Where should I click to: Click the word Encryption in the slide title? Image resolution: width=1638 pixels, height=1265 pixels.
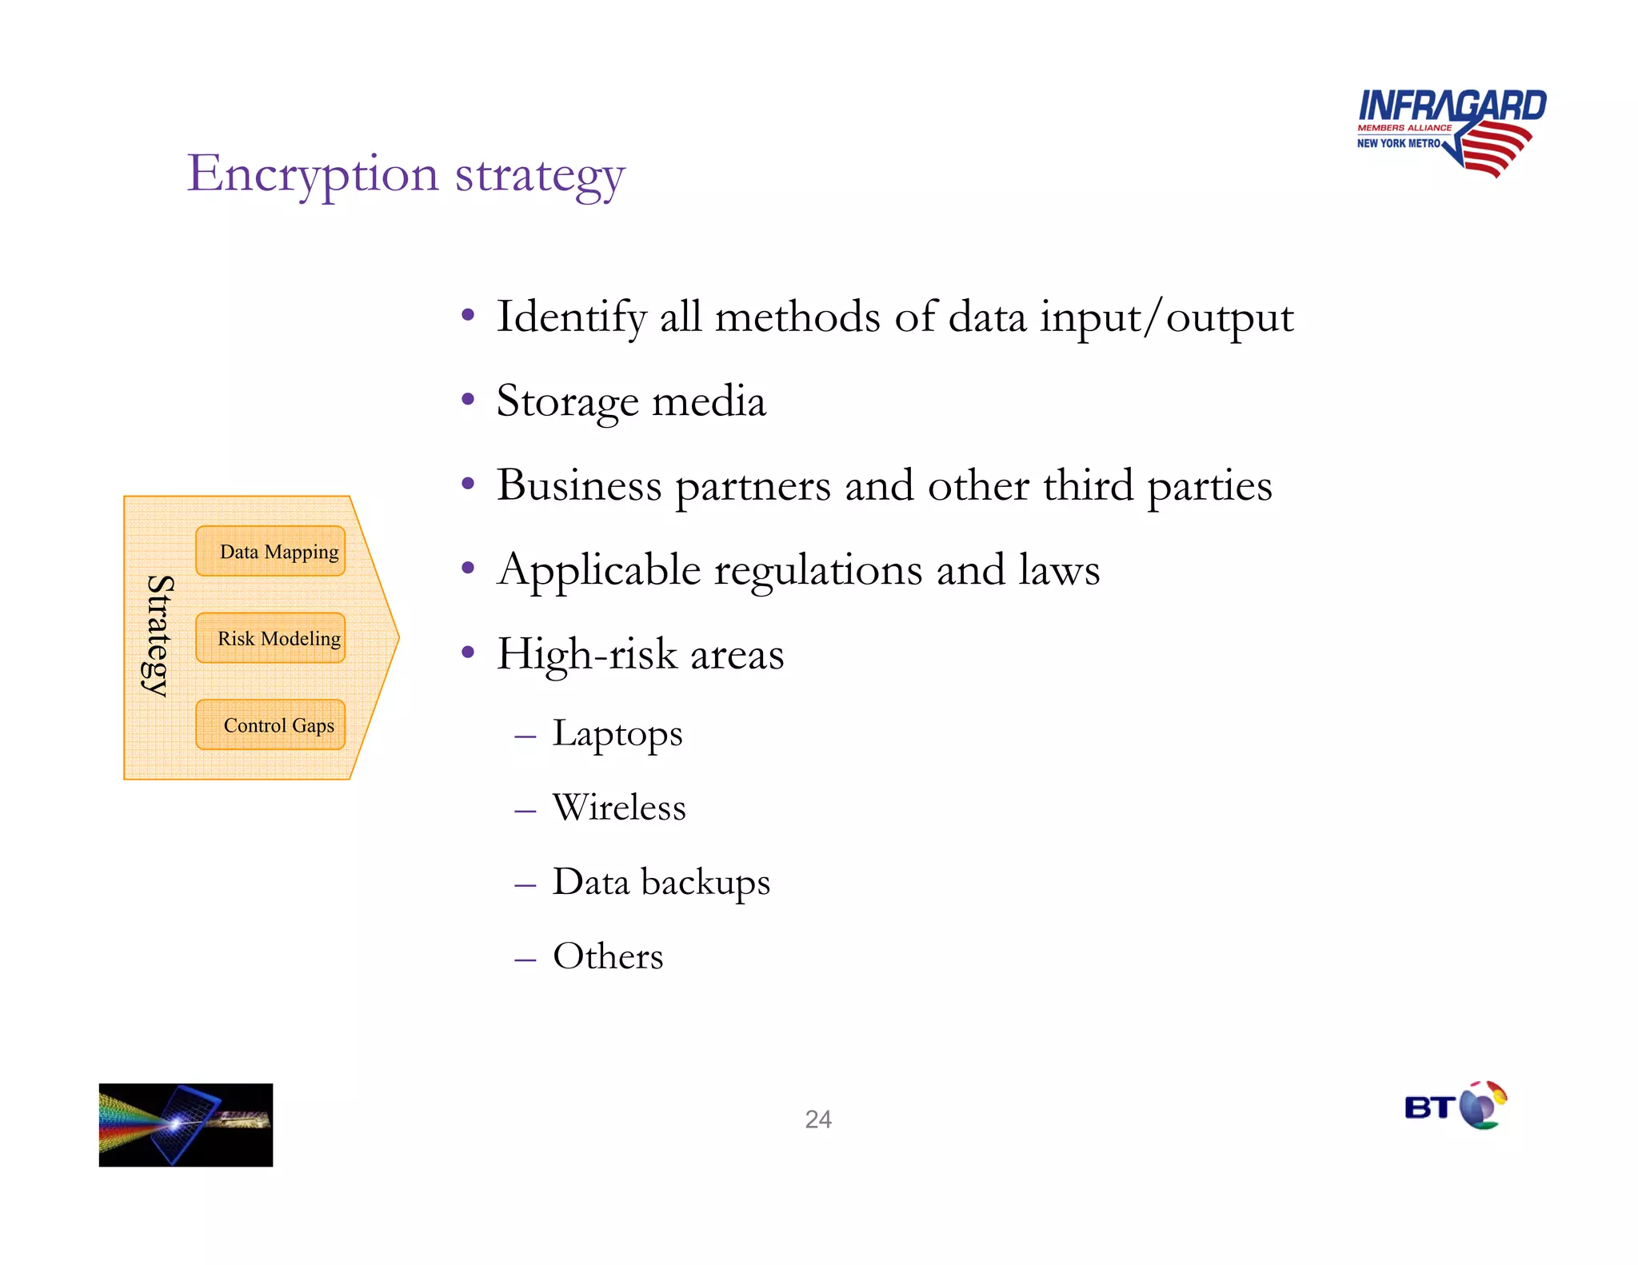[313, 174]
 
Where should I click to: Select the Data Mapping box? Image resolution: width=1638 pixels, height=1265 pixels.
[270, 551]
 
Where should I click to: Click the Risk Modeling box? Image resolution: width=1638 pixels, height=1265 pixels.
[270, 638]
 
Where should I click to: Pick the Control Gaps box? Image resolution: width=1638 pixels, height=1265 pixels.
[270, 724]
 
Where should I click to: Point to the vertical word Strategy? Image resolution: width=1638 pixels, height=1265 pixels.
[158, 636]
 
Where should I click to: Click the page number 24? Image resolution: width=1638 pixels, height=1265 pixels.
[818, 1119]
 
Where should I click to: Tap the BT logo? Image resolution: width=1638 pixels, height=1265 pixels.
[1455, 1106]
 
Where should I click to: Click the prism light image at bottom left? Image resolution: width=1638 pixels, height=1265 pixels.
[186, 1124]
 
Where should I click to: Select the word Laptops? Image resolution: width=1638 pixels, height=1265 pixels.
[617, 734]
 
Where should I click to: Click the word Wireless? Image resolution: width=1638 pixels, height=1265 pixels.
[619, 808]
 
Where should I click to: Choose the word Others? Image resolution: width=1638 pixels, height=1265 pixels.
[608, 956]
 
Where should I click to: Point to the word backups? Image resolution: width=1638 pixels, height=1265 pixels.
[705, 882]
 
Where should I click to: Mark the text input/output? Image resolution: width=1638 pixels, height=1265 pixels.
[1166, 318]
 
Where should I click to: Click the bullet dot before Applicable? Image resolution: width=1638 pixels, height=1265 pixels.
[469, 569]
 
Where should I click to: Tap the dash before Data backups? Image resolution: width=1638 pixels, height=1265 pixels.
[525, 884]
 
